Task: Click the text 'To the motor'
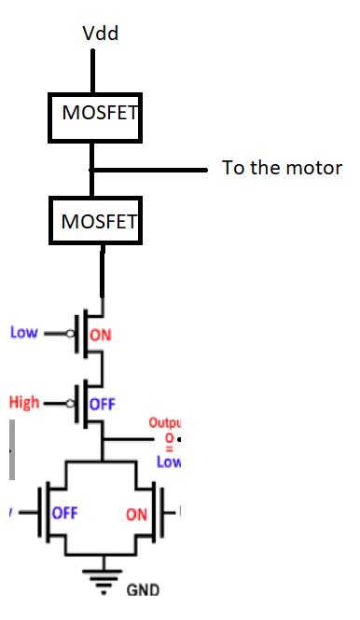pyautogui.click(x=282, y=169)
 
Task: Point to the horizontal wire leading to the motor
pyautogui.click(x=149, y=171)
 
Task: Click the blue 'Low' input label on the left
pyautogui.click(x=24, y=332)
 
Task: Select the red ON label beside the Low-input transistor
pyautogui.click(x=101, y=336)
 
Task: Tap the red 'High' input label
pyautogui.click(x=24, y=403)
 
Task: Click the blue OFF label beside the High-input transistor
pyautogui.click(x=101, y=405)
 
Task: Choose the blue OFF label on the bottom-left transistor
pyautogui.click(x=64, y=513)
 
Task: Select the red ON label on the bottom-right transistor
pyautogui.click(x=137, y=514)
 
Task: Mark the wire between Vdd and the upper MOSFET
pyautogui.click(x=93, y=70)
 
